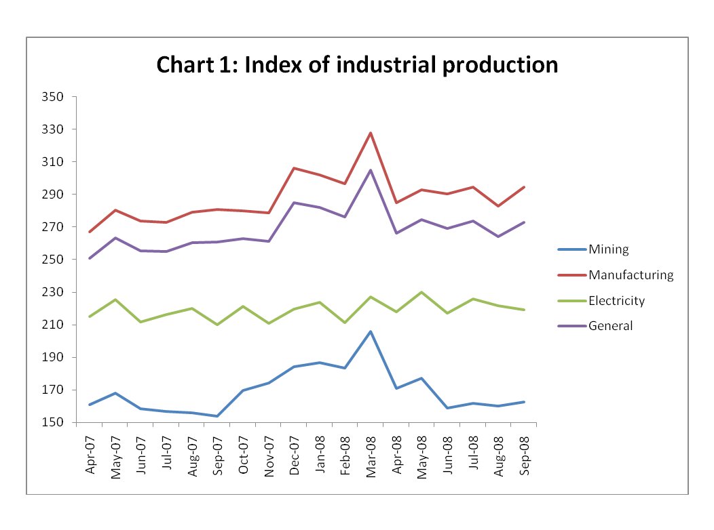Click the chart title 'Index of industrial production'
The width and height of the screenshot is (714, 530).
(357, 65)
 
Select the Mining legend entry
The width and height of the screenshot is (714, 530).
(609, 249)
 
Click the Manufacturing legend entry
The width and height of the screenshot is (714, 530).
(631, 275)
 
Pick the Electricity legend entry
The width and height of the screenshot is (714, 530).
(616, 300)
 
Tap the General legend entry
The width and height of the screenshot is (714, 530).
(610, 326)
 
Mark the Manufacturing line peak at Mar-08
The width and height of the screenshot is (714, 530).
(371, 133)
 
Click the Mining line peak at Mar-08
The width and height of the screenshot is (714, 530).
(371, 331)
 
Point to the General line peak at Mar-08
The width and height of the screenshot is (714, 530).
(371, 170)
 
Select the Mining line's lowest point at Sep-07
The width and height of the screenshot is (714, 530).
(218, 416)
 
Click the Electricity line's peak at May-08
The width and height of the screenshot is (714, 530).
(421, 292)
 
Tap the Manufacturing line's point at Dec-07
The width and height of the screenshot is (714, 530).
(295, 168)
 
